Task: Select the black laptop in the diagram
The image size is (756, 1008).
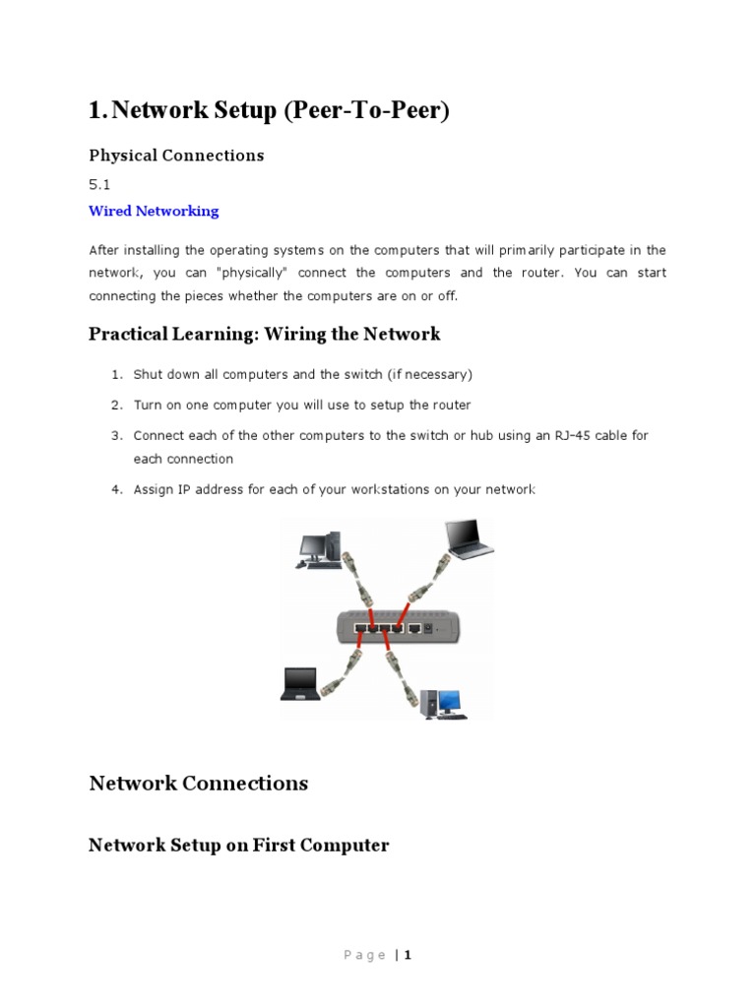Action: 298,683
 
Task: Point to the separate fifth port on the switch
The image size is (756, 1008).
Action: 415,626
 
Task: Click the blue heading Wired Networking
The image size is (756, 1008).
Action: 154,211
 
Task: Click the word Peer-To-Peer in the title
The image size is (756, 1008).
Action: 365,111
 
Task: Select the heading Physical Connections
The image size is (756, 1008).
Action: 176,155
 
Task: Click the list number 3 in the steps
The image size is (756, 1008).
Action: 114,435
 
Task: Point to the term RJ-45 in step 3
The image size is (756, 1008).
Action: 559,435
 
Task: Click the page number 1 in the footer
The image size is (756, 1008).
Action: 407,955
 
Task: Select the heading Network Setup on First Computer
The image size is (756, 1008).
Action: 238,845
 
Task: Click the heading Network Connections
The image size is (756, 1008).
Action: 198,783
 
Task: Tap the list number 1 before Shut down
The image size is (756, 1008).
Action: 114,374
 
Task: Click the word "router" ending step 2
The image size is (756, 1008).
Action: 451,405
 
